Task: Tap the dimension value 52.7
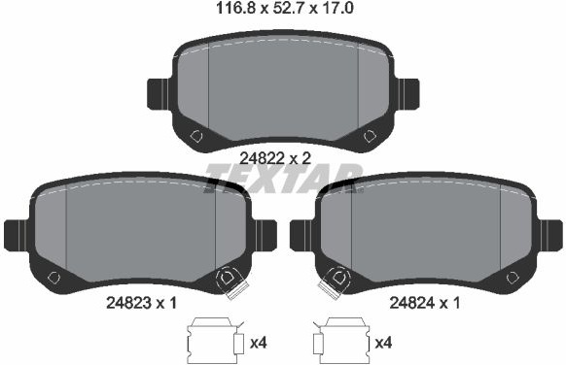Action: pos(289,8)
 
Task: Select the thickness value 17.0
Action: pos(336,8)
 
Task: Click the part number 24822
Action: pos(262,158)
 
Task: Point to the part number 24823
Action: pos(128,303)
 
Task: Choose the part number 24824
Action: pos(412,303)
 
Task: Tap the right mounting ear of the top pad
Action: pos(407,94)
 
